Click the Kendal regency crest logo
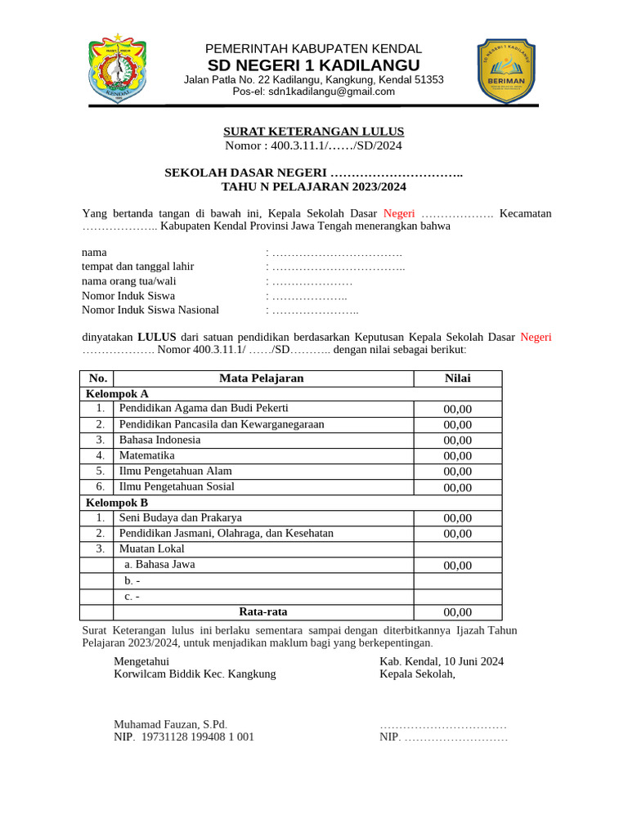pos(117,69)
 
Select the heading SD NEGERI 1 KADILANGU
pos(314,65)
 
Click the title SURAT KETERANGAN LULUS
pos(314,132)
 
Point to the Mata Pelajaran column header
pos(262,378)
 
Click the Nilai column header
pos(457,378)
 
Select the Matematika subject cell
pos(147,455)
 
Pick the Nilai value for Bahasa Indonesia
pos(457,441)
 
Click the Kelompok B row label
pos(117,503)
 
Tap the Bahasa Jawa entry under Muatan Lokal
pos(159,565)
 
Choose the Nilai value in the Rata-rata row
pos(457,612)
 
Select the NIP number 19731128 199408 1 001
pos(198,736)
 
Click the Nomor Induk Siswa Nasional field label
pos(150,310)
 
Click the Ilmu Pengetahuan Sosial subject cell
pos(177,486)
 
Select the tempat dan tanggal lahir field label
pos(138,266)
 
